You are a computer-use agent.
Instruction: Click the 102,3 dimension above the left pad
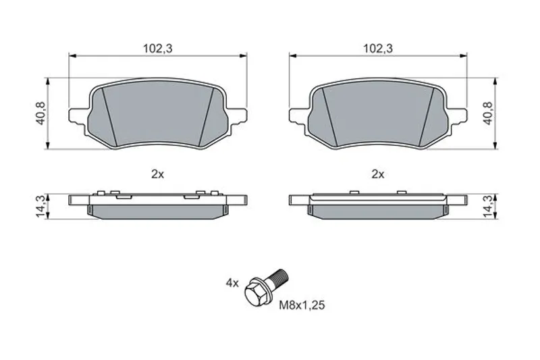pyautogui.click(x=158, y=49)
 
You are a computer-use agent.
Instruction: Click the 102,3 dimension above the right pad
pyautogui.click(x=378, y=49)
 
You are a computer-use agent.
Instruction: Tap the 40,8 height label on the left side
pyautogui.click(x=40, y=113)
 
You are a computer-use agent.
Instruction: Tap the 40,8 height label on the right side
pyautogui.click(x=488, y=113)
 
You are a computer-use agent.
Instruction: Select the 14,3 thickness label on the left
pyautogui.click(x=40, y=206)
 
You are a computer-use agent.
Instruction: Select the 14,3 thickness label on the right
pyautogui.click(x=488, y=206)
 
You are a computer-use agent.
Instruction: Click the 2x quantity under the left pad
pyautogui.click(x=158, y=175)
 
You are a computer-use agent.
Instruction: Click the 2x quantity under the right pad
pyautogui.click(x=378, y=175)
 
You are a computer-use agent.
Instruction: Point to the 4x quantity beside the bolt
pyautogui.click(x=232, y=284)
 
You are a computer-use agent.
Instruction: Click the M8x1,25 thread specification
pyautogui.click(x=302, y=305)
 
